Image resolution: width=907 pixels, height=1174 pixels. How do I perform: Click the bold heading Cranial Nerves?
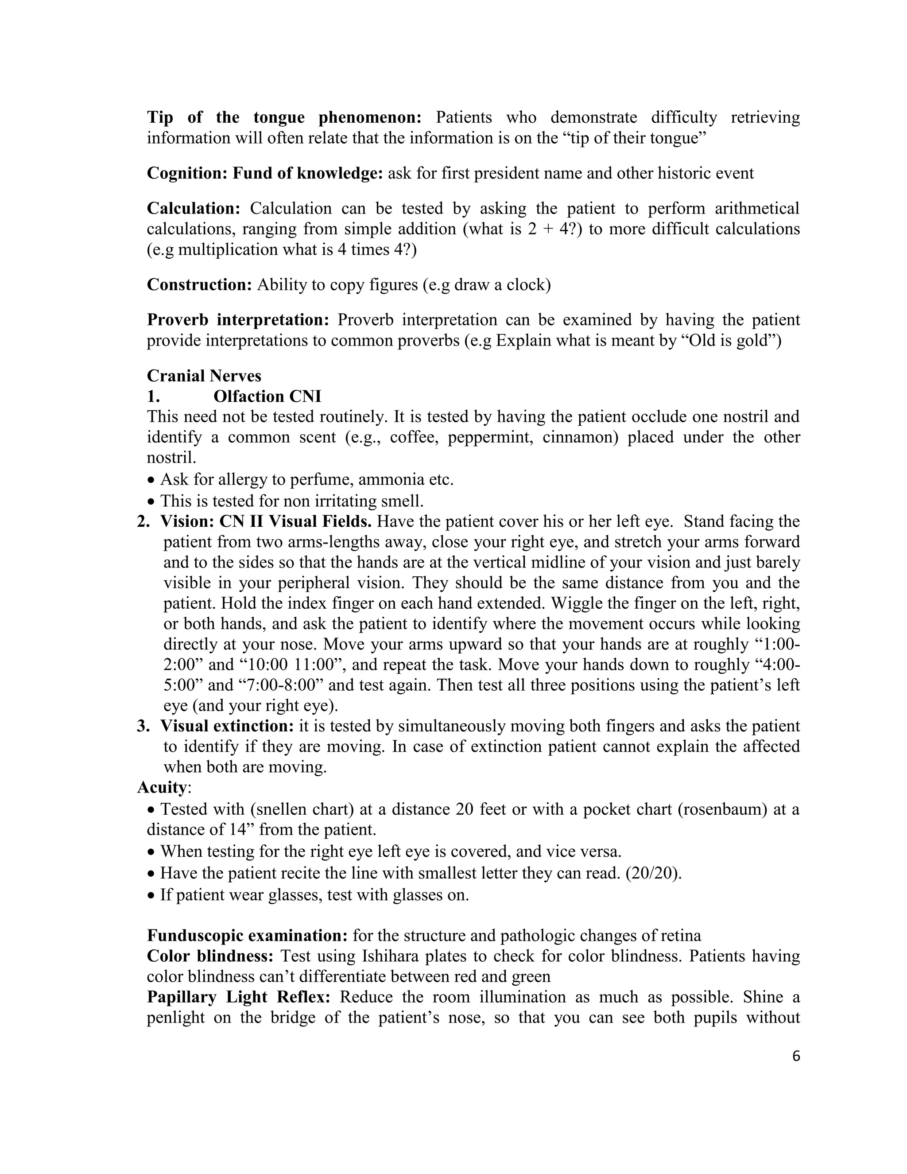[204, 376]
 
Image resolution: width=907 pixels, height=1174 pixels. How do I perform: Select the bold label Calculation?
[194, 209]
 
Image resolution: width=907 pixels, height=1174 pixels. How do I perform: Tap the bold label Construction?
[199, 285]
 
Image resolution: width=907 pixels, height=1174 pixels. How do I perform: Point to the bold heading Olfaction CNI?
[267, 397]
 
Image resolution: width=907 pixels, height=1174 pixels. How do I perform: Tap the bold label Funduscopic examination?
[248, 936]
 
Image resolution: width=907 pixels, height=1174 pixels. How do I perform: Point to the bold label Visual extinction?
[227, 726]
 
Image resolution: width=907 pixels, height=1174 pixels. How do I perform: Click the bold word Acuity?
[162, 788]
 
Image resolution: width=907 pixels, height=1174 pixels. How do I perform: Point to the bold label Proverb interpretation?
[238, 320]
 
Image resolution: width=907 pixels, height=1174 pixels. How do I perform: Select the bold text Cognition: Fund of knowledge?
[265, 174]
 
